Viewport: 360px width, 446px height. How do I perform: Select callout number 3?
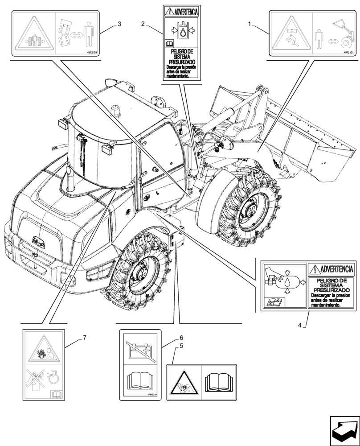click(x=119, y=23)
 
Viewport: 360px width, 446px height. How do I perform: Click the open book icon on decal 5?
click(x=219, y=383)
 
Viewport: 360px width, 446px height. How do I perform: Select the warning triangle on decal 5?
click(x=184, y=384)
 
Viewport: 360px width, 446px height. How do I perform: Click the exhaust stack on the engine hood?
click(x=70, y=178)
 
